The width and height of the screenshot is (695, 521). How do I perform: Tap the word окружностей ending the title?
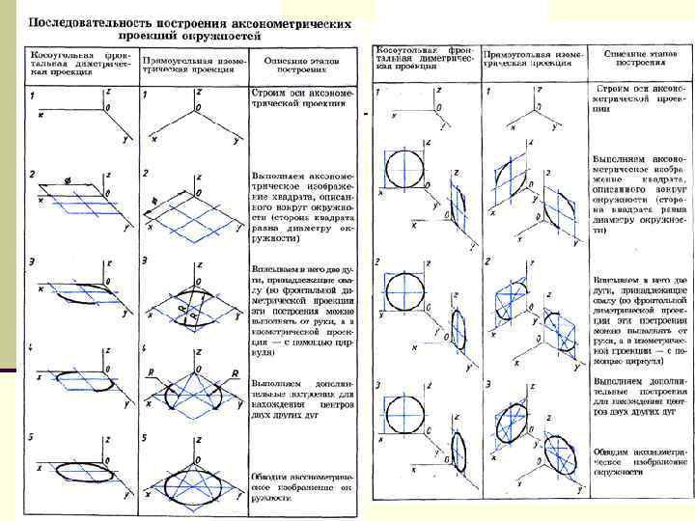coord(220,35)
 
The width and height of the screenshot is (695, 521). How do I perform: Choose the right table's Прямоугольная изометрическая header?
coord(534,55)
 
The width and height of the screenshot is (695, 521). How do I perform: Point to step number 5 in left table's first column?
coord(32,437)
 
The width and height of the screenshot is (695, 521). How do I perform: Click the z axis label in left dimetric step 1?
coord(108,90)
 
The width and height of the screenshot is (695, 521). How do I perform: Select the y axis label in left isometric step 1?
coord(236,141)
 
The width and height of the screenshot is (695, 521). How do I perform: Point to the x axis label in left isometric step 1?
coord(155,140)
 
